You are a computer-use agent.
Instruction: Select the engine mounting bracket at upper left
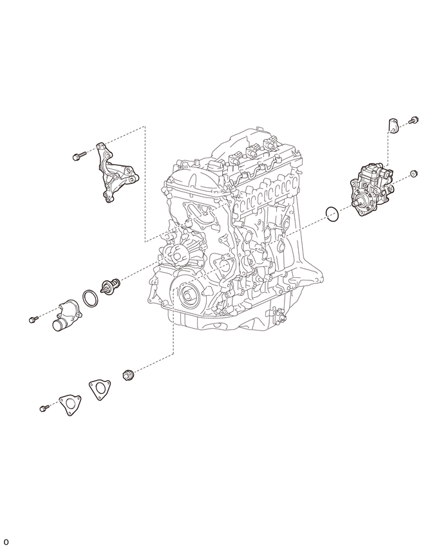(116, 172)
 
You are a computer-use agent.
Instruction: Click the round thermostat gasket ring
(91, 298)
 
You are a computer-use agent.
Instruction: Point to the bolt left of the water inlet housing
(33, 319)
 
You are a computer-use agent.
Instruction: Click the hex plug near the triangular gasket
(127, 374)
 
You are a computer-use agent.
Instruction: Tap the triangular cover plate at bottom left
(70, 405)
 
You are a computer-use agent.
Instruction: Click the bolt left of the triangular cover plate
(44, 408)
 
